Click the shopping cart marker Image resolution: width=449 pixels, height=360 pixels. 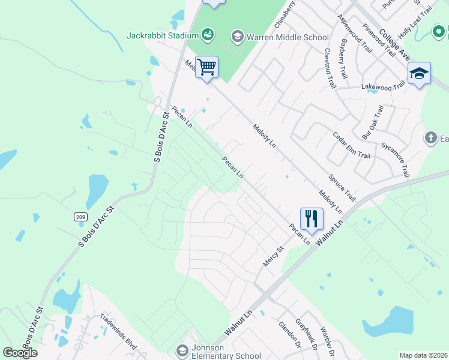pyautogui.click(x=206, y=67)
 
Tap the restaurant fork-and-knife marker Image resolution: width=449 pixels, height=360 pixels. pyautogui.click(x=312, y=218)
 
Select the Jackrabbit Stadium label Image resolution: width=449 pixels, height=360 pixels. pyautogui.click(x=163, y=35)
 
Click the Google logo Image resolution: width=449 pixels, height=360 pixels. pyautogui.click(x=20, y=352)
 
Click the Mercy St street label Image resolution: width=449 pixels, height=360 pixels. pyautogui.click(x=273, y=257)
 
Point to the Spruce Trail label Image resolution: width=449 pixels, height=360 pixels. pyautogui.click(x=342, y=188)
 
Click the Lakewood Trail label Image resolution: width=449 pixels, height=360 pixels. pyautogui.click(x=383, y=87)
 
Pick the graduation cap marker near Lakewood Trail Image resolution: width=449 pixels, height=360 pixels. pyautogui.click(x=418, y=73)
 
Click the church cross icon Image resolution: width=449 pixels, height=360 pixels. pyautogui.click(x=430, y=139)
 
